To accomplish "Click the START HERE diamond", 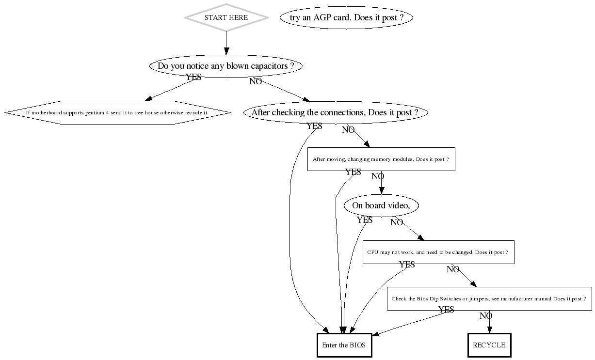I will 226,17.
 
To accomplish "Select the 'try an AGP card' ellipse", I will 346,18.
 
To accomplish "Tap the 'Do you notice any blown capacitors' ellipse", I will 226,66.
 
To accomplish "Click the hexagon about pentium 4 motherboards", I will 117,112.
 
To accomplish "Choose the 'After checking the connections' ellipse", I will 336,113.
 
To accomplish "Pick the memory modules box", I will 381,159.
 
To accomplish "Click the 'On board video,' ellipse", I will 381,205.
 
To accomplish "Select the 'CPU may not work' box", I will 438,252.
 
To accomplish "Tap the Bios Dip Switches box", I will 489,299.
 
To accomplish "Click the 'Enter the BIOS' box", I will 344,345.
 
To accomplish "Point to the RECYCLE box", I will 489,345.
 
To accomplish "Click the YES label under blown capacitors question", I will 193,77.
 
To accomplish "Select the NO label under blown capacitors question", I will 256,81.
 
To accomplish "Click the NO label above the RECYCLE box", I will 486,316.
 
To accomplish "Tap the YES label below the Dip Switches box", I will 446,310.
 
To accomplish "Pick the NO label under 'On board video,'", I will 397,222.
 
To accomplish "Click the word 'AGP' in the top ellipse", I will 323,18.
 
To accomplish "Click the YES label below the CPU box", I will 407,265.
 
